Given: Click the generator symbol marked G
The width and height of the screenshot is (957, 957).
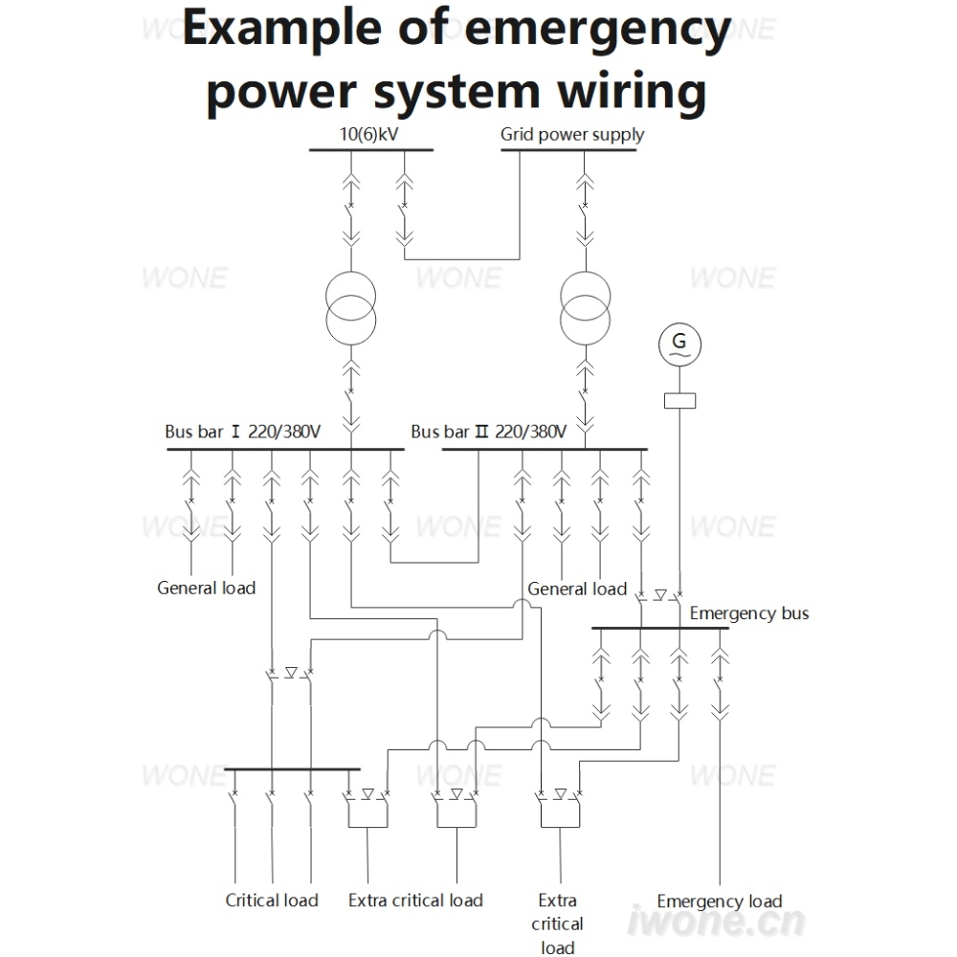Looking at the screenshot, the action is pyautogui.click(x=679, y=345).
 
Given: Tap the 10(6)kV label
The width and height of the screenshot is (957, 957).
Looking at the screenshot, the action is pyautogui.click(x=368, y=134).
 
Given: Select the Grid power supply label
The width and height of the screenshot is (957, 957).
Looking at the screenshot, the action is pyautogui.click(x=572, y=134).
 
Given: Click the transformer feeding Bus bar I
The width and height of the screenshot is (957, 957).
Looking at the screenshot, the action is pyautogui.click(x=351, y=308).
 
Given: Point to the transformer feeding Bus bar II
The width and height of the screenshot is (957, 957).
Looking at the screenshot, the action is pyautogui.click(x=586, y=308).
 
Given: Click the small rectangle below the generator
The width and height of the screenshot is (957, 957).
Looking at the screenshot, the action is pyautogui.click(x=679, y=400).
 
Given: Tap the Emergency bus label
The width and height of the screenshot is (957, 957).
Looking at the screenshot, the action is pyautogui.click(x=749, y=612).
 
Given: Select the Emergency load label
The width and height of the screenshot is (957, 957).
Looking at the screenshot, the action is pyautogui.click(x=720, y=901).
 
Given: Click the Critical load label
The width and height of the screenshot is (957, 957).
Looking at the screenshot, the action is pyautogui.click(x=272, y=901).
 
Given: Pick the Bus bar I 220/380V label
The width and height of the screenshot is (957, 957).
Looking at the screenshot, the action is pyautogui.click(x=242, y=432).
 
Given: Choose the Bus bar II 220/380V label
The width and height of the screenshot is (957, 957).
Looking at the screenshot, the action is pyautogui.click(x=488, y=432).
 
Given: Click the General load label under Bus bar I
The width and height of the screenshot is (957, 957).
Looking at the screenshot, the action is pyautogui.click(x=207, y=588).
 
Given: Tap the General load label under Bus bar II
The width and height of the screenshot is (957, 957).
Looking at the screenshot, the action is pyautogui.click(x=577, y=589).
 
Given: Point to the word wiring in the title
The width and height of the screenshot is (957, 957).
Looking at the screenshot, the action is pyautogui.click(x=632, y=92).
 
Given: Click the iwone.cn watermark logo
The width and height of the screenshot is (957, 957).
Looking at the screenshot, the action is pyautogui.click(x=716, y=921).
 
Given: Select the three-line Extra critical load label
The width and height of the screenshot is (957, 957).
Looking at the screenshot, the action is pyautogui.click(x=557, y=924).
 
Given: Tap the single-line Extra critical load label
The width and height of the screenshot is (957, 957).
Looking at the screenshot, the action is pyautogui.click(x=415, y=901).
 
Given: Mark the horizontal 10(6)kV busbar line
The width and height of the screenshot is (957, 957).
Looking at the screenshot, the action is pyautogui.click(x=371, y=149).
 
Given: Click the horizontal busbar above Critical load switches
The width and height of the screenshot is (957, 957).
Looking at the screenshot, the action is pyautogui.click(x=292, y=769).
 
